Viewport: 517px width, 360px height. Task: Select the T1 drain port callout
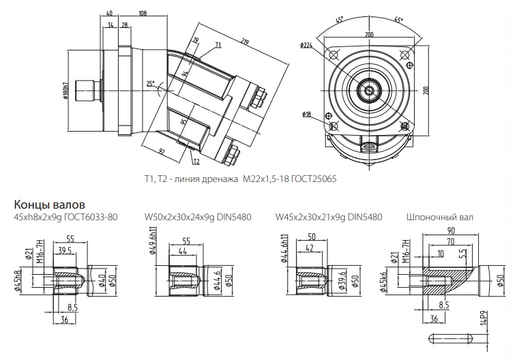[218, 44]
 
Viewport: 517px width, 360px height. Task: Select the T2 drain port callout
[196, 162]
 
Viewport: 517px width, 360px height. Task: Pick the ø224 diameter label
[306, 46]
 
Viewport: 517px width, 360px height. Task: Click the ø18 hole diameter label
[306, 115]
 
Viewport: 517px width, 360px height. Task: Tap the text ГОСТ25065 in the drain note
[314, 179]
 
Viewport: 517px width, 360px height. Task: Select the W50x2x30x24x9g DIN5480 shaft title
[198, 217]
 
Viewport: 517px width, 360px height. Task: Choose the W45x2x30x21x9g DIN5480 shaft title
[329, 217]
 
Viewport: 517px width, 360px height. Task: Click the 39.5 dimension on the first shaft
[65, 250]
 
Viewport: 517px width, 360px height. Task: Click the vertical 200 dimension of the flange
[425, 89]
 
